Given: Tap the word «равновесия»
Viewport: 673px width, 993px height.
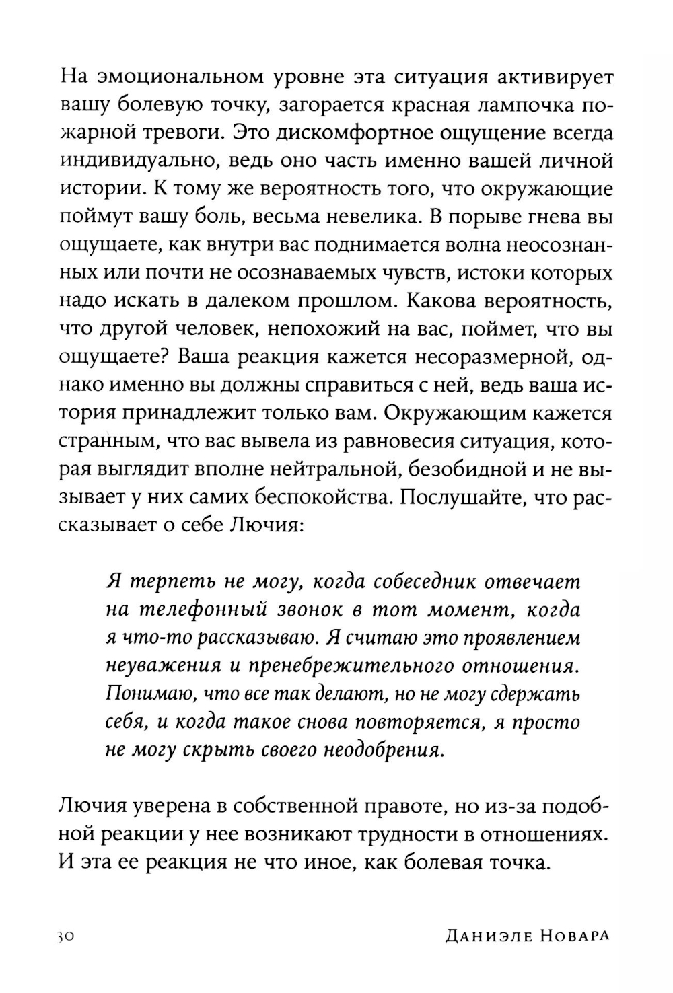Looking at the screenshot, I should (353, 441).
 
